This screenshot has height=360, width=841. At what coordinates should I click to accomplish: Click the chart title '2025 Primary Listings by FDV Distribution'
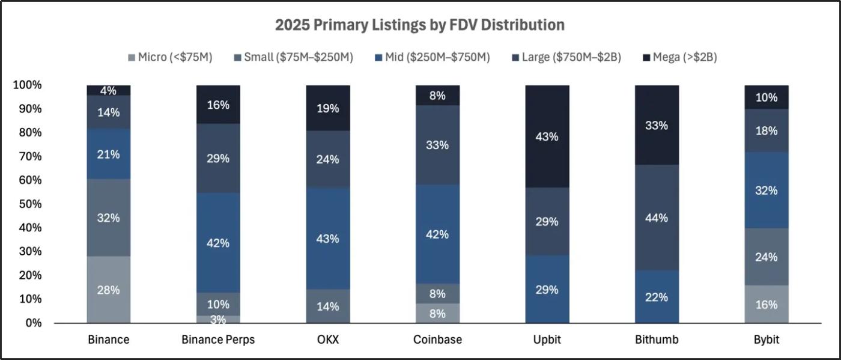point(419,25)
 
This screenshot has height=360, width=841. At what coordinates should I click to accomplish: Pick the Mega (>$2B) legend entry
point(679,58)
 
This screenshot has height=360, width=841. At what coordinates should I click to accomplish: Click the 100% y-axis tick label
point(27,85)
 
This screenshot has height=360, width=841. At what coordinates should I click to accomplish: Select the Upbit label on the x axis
point(547,340)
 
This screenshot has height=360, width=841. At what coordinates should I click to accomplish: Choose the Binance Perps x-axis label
point(218,340)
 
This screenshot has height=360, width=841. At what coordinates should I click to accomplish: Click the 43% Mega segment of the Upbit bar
point(547,136)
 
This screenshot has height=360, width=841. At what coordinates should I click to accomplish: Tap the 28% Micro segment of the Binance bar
point(109,290)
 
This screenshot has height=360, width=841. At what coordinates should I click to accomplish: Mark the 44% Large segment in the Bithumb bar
point(657,218)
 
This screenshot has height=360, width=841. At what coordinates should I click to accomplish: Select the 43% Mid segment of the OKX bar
point(328,239)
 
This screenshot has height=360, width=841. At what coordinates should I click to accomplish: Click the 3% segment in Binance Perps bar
point(218,319)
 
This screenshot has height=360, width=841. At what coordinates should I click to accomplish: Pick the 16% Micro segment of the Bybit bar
point(767,304)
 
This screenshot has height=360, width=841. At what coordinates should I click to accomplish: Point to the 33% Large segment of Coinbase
point(437,145)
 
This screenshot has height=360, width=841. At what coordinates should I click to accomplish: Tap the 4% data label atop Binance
point(109,91)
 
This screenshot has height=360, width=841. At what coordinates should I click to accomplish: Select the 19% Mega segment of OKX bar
point(328,108)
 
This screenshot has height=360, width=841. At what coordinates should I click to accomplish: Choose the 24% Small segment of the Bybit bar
point(767,257)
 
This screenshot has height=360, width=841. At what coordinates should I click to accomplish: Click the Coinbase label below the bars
point(437,340)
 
